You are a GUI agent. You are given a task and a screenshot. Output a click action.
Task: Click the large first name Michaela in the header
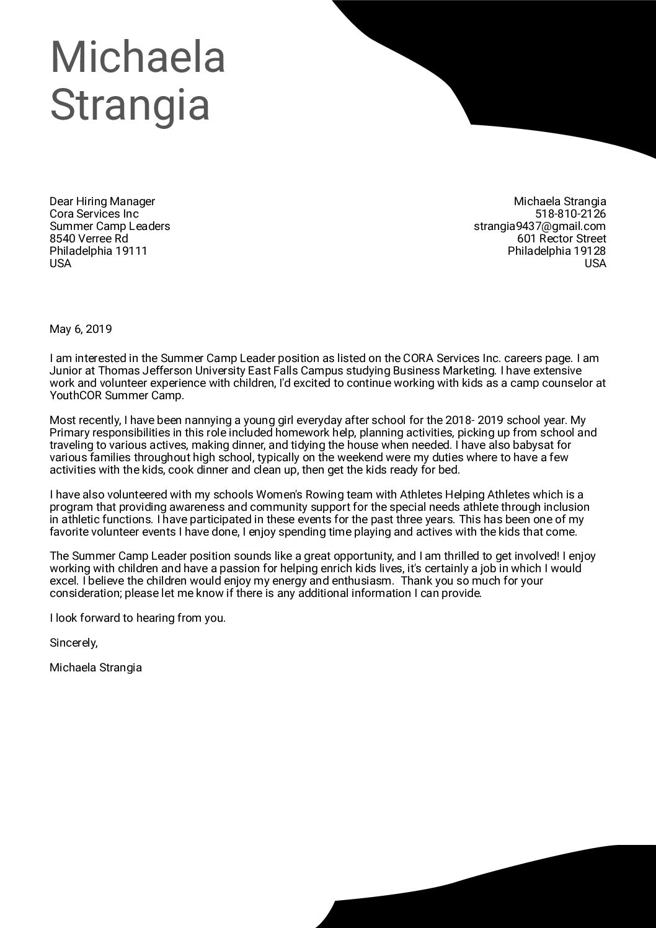click(137, 56)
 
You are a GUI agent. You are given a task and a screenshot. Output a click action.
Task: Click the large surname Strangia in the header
click(130, 105)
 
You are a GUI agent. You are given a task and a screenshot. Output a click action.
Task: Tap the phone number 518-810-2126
click(570, 214)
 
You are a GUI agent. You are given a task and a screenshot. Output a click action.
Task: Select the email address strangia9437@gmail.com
click(539, 226)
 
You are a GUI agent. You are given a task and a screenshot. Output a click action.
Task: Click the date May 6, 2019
click(81, 329)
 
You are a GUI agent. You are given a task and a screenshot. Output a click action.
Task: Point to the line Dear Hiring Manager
click(102, 201)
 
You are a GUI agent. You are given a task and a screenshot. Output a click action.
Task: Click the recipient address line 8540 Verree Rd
click(89, 239)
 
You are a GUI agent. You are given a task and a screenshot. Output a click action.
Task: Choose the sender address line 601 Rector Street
click(561, 239)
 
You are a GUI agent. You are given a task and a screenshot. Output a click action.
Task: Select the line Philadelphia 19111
click(98, 251)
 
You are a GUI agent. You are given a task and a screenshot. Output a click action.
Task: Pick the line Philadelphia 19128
click(556, 251)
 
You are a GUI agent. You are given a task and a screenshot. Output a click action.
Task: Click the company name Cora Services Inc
click(94, 214)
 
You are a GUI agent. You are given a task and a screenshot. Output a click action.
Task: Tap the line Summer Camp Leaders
click(110, 226)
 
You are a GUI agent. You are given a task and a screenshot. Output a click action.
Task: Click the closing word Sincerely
click(73, 643)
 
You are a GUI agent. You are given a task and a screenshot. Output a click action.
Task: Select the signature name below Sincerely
click(95, 668)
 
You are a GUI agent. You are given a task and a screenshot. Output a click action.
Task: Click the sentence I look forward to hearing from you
click(138, 618)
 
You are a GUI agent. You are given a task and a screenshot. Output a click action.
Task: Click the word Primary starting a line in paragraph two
click(69, 433)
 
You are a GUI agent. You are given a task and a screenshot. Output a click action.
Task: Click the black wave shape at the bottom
click(496, 893)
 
